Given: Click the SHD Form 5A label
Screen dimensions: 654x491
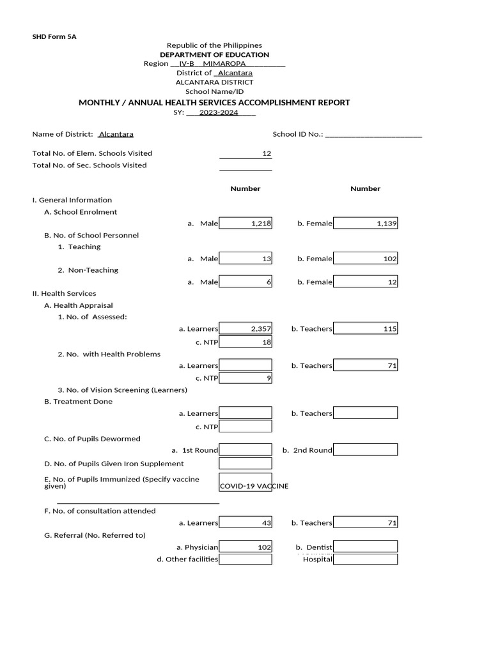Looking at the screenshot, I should click(54, 37).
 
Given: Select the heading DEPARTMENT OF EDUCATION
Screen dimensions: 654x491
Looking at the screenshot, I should click(214, 55).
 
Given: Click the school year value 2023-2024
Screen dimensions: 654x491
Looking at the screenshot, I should click(219, 113).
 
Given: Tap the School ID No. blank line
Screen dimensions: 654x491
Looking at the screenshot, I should click(373, 135).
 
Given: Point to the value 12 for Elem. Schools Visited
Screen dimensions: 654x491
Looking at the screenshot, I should click(267, 154).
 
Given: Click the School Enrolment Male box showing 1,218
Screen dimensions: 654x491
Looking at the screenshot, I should click(245, 224).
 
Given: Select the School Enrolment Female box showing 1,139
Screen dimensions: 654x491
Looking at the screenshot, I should click(365, 224).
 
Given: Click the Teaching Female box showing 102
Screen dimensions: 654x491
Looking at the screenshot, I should click(365, 259).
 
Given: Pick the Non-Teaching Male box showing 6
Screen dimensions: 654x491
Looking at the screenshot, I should click(245, 282).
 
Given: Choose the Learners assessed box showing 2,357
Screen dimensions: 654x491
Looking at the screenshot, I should click(245, 329).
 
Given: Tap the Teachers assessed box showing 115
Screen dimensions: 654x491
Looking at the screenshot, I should click(365, 329).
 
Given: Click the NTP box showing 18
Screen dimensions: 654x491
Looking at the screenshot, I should click(245, 342).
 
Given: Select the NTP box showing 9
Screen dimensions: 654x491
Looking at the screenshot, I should click(245, 378).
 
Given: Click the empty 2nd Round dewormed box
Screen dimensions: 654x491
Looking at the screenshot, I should click(365, 450).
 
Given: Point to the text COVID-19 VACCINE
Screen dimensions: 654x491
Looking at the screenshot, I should click(254, 486).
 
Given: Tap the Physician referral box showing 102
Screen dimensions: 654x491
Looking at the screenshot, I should click(245, 547).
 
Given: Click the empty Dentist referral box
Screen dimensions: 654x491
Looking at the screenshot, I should click(365, 547).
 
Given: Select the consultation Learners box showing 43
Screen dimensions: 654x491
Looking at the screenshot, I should click(245, 523).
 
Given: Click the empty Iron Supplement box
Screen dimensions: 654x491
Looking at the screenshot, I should click(245, 464).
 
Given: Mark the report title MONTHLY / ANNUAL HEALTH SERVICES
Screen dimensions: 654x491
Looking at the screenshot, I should click(214, 102).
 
